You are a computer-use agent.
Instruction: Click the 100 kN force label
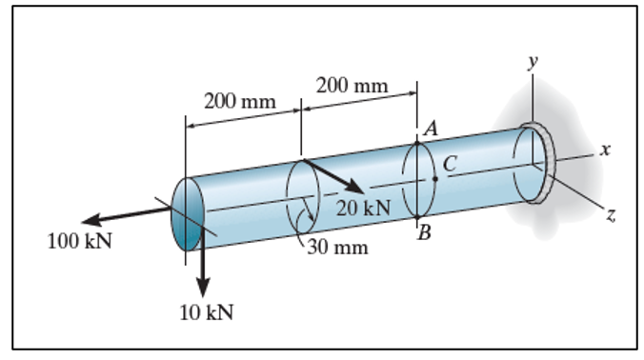pyautogui.click(x=79, y=240)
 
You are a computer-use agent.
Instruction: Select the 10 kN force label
pyautogui.click(x=207, y=312)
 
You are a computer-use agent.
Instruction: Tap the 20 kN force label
pyautogui.click(x=362, y=207)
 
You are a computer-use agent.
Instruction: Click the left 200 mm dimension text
pyautogui.click(x=239, y=101)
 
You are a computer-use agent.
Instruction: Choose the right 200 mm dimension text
pyautogui.click(x=352, y=86)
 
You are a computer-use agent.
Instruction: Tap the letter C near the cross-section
pyautogui.click(x=449, y=165)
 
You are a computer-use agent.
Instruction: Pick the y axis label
pyautogui.click(x=533, y=60)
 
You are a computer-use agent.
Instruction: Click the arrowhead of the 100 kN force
pyautogui.click(x=77, y=218)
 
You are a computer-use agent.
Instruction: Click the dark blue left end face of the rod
pyautogui.click(x=187, y=214)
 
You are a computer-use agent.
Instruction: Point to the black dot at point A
pyautogui.click(x=416, y=140)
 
